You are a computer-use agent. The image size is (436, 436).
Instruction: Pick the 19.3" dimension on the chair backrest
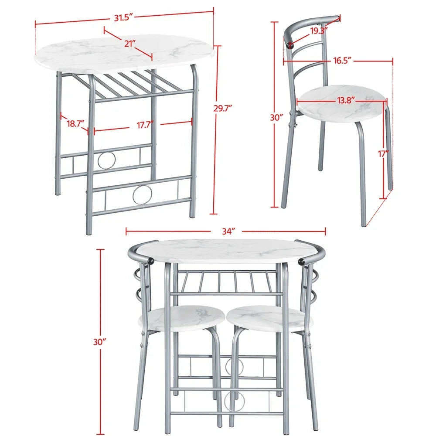[x=319, y=31]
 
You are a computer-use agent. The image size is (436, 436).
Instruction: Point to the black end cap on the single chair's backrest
[x=290, y=45]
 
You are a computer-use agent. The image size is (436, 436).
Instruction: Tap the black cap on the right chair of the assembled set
[x=302, y=261]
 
